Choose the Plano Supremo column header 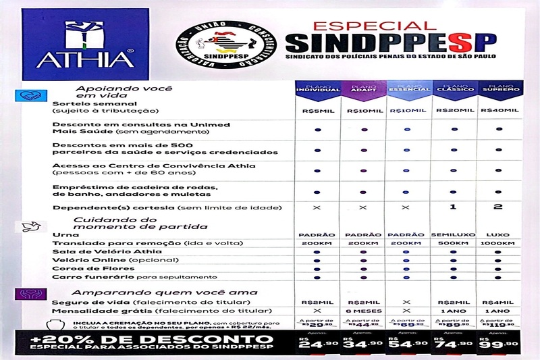[498, 91]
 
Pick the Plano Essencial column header [407, 91]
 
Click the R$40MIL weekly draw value [498, 110]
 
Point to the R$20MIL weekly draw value [453, 110]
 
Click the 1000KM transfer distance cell [498, 243]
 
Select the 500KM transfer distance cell [453, 243]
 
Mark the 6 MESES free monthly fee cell [362, 311]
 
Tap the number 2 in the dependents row [498, 207]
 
